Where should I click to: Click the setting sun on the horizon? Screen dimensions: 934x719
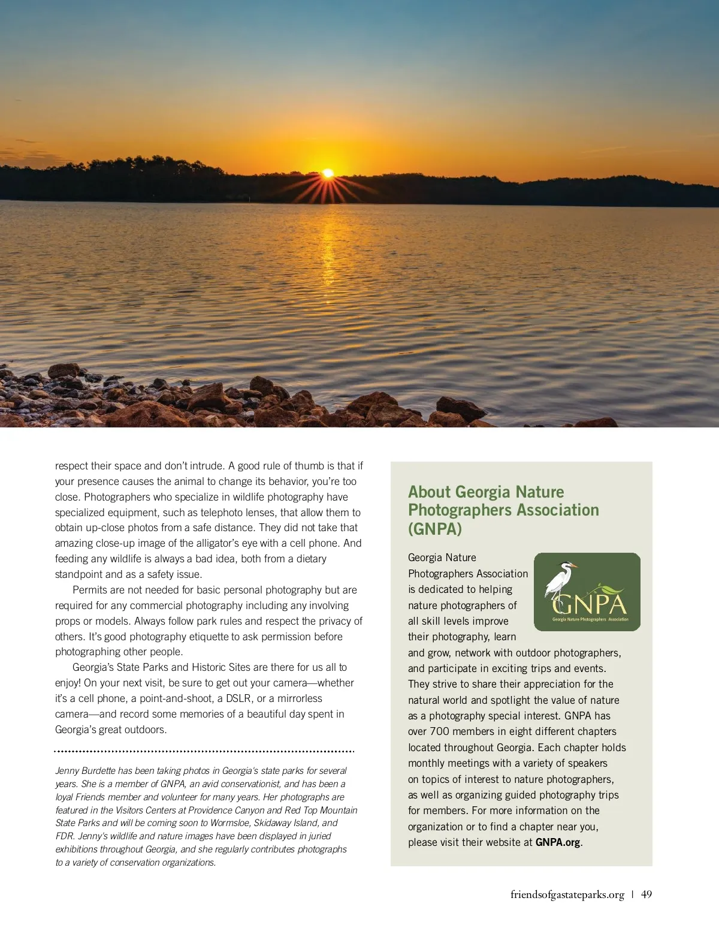[328, 173]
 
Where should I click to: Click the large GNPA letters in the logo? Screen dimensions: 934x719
[590, 604]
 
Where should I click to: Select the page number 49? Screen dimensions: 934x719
[647, 894]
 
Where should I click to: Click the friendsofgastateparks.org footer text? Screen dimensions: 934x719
[567, 894]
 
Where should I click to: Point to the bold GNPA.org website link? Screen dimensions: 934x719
[558, 842]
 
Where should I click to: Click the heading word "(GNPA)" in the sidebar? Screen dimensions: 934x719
[435, 529]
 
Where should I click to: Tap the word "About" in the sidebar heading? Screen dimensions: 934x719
[429, 492]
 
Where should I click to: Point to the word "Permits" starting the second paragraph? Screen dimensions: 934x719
[92, 590]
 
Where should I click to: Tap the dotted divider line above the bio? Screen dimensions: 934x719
[204, 751]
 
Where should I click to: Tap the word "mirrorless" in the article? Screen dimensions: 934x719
[300, 698]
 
